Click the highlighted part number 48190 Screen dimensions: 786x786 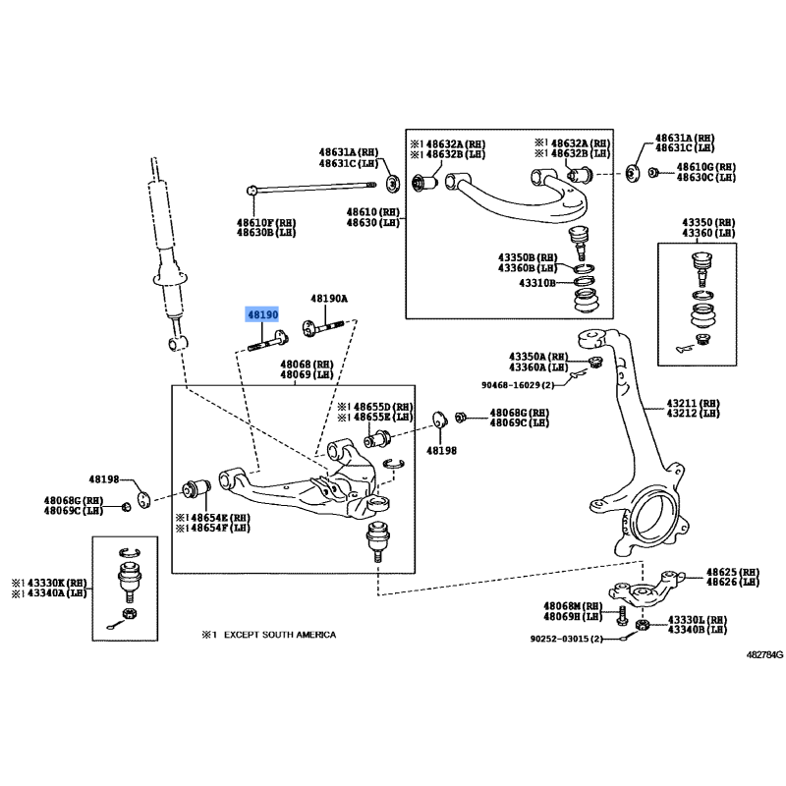click(x=262, y=314)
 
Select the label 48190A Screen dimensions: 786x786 click(x=330, y=298)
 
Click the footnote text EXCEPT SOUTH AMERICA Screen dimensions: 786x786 click(x=279, y=635)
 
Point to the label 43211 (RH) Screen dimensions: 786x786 click(x=693, y=403)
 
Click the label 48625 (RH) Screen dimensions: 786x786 click(x=732, y=572)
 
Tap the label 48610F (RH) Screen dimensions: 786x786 click(x=259, y=222)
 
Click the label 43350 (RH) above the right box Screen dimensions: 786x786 click(x=711, y=223)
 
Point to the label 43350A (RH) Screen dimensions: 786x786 click(x=538, y=356)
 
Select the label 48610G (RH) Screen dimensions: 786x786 click(x=705, y=167)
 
